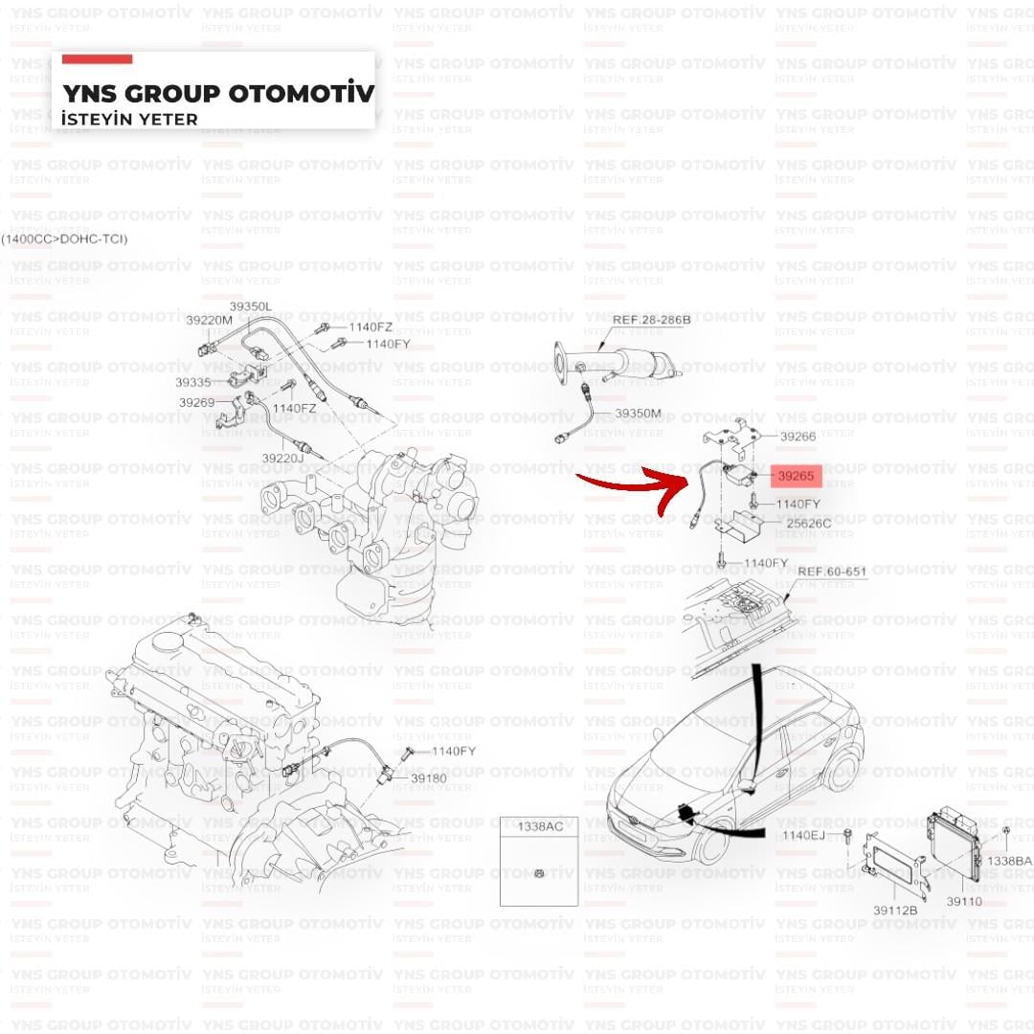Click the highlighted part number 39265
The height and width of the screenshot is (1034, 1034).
pos(796,476)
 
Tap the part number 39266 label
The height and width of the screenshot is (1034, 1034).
pos(798,437)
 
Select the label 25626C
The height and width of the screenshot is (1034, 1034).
pos(809,524)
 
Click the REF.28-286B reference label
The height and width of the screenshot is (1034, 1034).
pos(652,320)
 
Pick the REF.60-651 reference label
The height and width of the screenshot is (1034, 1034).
pos(832,571)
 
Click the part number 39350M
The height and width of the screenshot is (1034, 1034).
pos(639,414)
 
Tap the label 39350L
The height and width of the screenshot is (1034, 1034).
pos(251,306)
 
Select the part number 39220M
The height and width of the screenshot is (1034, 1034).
pos(209,321)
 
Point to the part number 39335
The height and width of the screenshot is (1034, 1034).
pos(193,382)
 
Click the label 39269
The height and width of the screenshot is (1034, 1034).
pos(197,402)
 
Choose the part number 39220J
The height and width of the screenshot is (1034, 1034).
pos(282,458)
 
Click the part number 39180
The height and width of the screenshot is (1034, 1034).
pos(429,778)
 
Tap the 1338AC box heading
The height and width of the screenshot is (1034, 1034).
pos(540,827)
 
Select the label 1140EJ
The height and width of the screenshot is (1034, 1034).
pos(804,836)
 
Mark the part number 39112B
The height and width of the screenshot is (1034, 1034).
pos(895,910)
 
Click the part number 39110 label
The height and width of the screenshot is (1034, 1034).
pos(964,902)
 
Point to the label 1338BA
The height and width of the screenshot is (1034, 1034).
pos(1009,862)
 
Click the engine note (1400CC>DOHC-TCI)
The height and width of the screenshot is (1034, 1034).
pos(64,238)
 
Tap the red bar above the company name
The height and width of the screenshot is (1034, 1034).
pos(97,59)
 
